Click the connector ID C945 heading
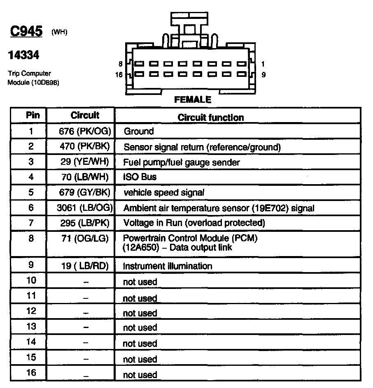click(x=25, y=32)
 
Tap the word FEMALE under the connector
click(x=193, y=99)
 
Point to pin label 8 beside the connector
click(x=120, y=64)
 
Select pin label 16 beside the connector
click(x=119, y=75)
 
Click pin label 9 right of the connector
click(x=263, y=75)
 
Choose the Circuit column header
click(x=85, y=115)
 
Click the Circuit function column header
click(x=211, y=118)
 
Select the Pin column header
click(x=33, y=115)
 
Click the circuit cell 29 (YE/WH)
click(x=85, y=162)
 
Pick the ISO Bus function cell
click(x=140, y=177)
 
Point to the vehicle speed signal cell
click(x=163, y=192)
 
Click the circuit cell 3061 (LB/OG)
click(x=85, y=208)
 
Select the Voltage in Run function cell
click(x=194, y=223)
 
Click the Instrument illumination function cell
click(x=168, y=266)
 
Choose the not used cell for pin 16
click(x=140, y=374)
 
